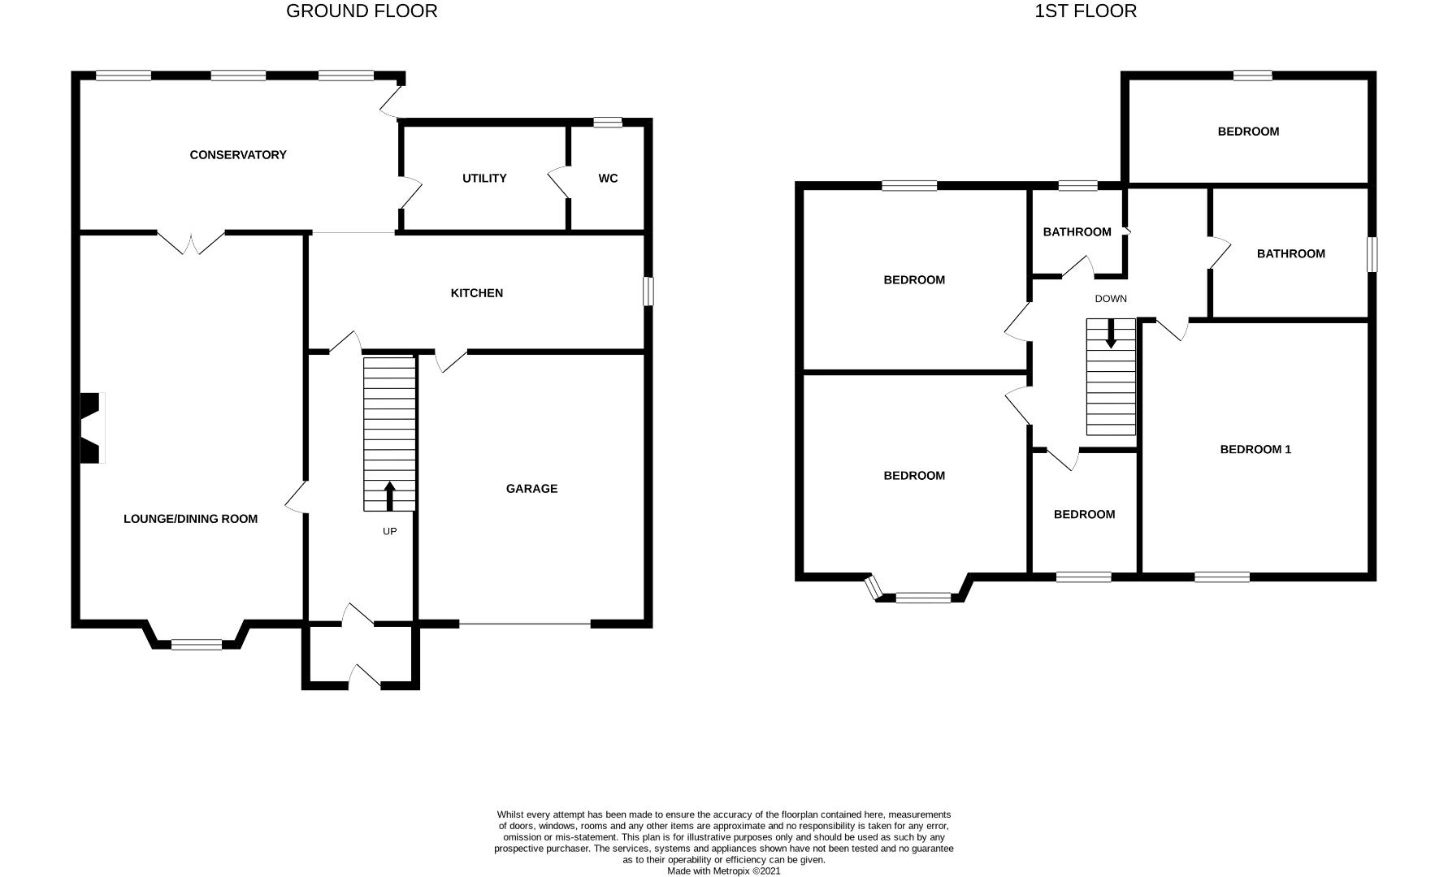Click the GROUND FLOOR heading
[362, 11]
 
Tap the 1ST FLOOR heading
[1086, 11]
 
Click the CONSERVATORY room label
[238, 155]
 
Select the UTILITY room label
[484, 179]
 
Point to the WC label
[608, 179]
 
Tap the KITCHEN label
[477, 293]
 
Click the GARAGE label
[531, 489]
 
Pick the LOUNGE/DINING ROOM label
[190, 519]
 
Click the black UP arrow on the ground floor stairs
[389, 495]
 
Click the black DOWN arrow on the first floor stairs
[1111, 333]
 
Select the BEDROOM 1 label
[1255, 450]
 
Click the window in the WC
[607, 123]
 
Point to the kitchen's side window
[648, 292]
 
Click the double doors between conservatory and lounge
[191, 241]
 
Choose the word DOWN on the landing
[1111, 299]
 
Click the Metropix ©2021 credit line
[723, 871]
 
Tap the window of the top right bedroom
[1252, 76]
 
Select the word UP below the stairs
[389, 532]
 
